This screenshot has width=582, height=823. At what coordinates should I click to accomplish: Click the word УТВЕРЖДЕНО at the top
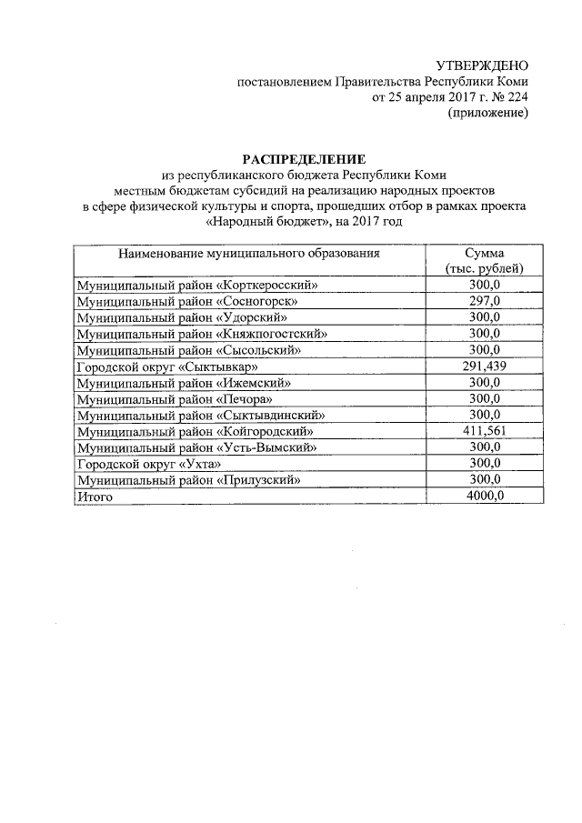point(482,65)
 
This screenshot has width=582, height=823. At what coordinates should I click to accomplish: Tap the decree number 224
point(513,97)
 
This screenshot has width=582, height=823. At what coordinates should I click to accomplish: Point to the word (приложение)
point(487,114)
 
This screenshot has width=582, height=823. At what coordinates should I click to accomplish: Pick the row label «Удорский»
point(253,317)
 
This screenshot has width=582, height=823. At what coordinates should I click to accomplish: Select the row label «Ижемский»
point(254,383)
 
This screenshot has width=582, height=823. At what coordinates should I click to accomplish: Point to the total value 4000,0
point(484,497)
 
